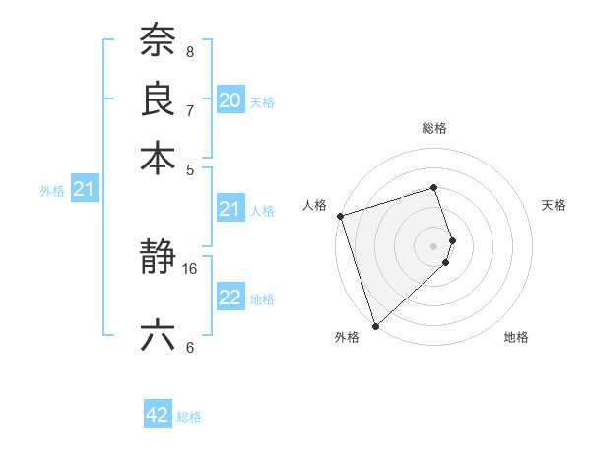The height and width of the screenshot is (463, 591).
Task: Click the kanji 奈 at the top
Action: pyautogui.click(x=158, y=42)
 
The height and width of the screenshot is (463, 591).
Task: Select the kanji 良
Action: pyautogui.click(x=158, y=99)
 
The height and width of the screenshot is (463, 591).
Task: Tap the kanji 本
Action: pyautogui.click(x=158, y=157)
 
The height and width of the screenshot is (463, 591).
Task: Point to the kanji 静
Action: pyautogui.click(x=158, y=259)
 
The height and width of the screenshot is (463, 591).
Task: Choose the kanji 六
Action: pyautogui.click(x=158, y=336)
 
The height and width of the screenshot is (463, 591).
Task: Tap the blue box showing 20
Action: pyautogui.click(x=230, y=100)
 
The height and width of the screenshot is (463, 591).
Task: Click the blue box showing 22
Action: pyautogui.click(x=230, y=298)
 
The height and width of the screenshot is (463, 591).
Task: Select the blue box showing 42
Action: pyautogui.click(x=158, y=415)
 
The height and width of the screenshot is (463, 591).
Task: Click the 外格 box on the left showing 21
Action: pyautogui.click(x=83, y=189)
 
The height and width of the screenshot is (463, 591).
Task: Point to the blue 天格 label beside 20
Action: pyautogui.click(x=262, y=101)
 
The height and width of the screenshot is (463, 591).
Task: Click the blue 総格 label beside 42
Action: pyautogui.click(x=189, y=417)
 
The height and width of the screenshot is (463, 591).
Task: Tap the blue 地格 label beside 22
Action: pyautogui.click(x=262, y=298)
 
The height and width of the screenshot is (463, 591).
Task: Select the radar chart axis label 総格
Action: pyautogui.click(x=434, y=128)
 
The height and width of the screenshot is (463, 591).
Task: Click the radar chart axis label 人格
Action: pyautogui.click(x=315, y=205)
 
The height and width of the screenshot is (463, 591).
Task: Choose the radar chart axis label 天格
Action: pyautogui.click(x=554, y=205)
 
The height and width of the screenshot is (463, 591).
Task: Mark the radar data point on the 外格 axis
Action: pyautogui.click(x=375, y=325)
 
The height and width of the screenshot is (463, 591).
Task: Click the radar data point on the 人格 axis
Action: pyautogui.click(x=340, y=216)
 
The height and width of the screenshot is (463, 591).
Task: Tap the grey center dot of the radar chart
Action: pyautogui.click(x=434, y=245)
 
